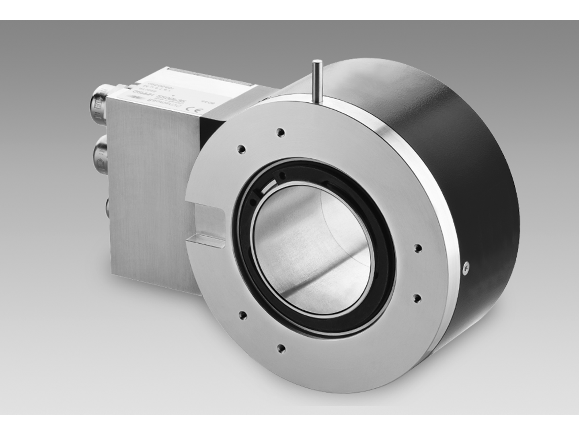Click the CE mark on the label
192,108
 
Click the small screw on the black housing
466,265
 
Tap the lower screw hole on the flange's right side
417,297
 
